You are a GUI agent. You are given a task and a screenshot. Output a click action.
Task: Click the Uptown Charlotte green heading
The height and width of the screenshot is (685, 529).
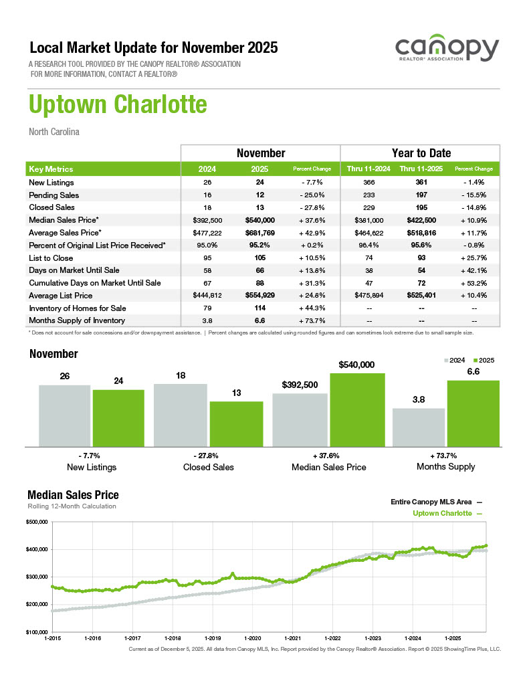(118, 105)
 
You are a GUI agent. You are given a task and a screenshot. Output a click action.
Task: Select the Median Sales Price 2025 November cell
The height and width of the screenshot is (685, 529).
(261, 220)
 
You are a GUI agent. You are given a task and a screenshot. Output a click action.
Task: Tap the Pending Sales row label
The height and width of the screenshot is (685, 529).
(54, 195)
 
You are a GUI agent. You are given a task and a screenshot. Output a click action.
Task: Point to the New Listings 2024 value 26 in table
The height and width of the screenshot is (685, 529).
(207, 183)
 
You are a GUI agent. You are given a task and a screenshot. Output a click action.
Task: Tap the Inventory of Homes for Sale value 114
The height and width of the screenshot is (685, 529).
(261, 308)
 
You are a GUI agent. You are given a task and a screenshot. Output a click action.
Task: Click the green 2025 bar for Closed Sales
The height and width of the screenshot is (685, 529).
(236, 423)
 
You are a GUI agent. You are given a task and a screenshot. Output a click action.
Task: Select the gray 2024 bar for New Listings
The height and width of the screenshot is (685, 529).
(64, 415)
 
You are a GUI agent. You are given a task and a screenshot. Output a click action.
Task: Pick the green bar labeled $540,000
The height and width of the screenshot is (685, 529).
(357, 409)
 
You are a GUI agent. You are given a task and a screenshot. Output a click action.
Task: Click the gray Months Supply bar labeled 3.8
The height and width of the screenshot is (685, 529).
(419, 427)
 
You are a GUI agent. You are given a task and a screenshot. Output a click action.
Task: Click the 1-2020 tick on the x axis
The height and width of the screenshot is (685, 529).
(253, 638)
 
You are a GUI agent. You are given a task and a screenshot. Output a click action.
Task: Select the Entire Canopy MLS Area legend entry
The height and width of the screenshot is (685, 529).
(431, 501)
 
